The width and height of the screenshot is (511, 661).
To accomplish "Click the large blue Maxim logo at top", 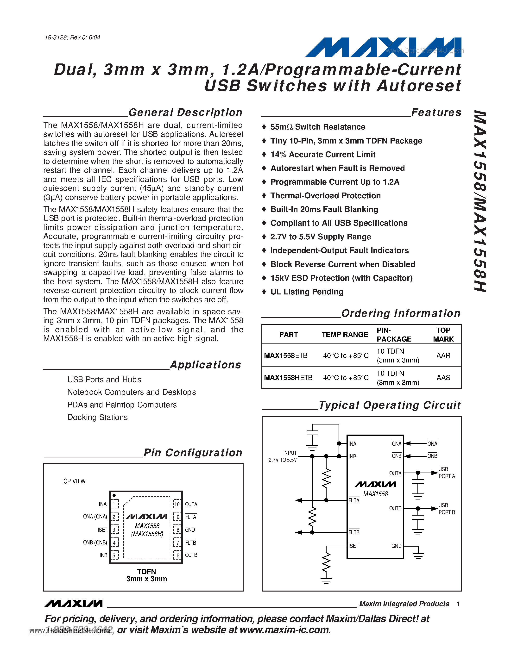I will (383, 48).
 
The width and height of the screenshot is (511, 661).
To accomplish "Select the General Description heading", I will (185, 112).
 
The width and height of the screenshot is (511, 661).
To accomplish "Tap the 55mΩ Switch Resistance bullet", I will (318, 127).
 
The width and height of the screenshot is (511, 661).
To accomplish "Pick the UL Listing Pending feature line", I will (306, 292).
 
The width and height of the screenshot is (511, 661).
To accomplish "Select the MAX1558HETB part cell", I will (288, 378).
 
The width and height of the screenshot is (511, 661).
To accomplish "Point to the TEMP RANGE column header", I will (345, 334).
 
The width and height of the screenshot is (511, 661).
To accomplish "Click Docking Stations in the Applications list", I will (97, 417).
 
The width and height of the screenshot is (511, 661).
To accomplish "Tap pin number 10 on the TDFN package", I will (177, 505).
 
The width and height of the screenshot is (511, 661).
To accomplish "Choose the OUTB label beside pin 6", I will (191, 555).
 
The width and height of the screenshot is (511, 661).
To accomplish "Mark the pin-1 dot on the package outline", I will (114, 495).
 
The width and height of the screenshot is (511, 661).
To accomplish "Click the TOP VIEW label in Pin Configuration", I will (73, 481).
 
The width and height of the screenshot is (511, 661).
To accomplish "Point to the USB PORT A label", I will (447, 473).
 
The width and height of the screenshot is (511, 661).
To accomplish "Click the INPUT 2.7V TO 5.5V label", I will (283, 456).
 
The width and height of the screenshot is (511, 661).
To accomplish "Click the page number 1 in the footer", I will (458, 604).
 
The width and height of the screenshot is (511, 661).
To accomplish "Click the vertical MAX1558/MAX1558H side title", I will (480, 201).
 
